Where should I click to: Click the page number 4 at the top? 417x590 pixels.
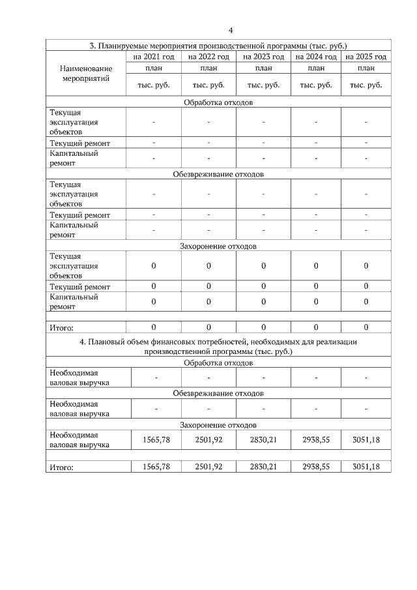pos(231,30)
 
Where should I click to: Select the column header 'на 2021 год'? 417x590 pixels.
pos(154,57)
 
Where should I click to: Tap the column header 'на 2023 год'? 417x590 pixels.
pos(263,57)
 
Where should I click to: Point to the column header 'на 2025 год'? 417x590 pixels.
pos(366,57)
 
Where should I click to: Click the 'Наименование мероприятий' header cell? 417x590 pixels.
pos(85,73)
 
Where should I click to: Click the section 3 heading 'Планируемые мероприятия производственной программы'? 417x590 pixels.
pos(218,46)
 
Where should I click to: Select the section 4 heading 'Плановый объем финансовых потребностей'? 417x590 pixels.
pos(218,346)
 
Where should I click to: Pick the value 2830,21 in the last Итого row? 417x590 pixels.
pos(263,467)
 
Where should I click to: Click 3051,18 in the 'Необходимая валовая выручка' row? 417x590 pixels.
pos(366,439)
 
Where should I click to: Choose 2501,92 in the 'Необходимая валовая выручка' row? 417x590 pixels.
pos(208,439)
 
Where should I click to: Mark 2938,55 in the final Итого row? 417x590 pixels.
pos(316,467)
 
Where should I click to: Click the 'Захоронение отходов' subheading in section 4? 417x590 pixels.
pos(218,424)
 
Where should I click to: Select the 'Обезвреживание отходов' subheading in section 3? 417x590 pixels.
pos(218,174)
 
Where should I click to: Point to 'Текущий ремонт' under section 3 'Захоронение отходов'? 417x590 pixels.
pos(79,287)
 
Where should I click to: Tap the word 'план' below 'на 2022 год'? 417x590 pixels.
pos(208,68)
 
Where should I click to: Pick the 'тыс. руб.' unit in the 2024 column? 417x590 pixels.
pos(316,85)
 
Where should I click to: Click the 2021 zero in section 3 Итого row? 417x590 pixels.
pos(154,327)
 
